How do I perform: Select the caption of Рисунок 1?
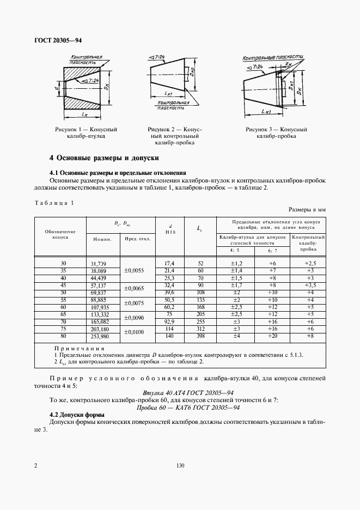point(86,133)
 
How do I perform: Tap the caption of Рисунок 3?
point(276,133)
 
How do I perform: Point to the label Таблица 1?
point(53,203)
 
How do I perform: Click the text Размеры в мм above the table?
point(307,209)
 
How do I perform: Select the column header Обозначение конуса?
point(60,235)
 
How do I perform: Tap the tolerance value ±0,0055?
point(134,271)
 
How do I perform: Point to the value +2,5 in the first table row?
point(308,263)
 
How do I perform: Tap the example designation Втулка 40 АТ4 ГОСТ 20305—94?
point(188,392)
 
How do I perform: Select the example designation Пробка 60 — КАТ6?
point(188,408)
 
